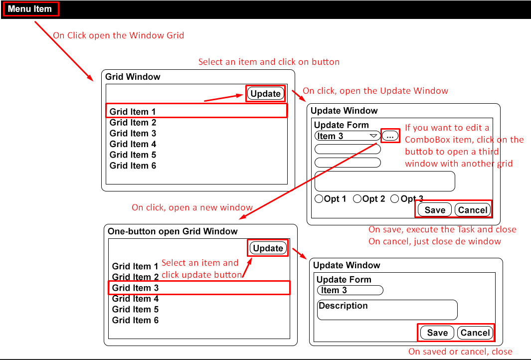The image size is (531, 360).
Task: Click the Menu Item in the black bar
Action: click(x=30, y=9)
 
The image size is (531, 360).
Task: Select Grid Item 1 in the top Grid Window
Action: click(x=133, y=111)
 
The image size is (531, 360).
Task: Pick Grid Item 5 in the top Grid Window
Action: click(x=133, y=155)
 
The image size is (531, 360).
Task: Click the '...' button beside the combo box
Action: click(x=390, y=136)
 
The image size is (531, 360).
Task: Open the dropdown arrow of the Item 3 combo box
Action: click(x=373, y=136)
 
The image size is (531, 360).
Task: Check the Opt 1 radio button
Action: click(x=319, y=199)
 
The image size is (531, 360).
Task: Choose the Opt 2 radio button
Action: click(x=357, y=199)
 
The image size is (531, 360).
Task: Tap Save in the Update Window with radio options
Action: click(x=434, y=210)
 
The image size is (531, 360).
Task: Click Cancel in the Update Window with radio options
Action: click(x=472, y=210)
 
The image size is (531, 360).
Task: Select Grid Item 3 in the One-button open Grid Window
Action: click(x=135, y=288)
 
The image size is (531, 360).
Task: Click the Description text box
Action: click(x=387, y=310)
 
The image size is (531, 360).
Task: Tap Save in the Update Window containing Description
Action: click(x=437, y=333)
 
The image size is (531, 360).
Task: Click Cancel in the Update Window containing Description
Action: click(x=475, y=333)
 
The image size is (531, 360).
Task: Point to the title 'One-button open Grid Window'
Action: click(x=173, y=231)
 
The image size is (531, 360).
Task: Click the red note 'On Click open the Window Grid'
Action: click(x=119, y=35)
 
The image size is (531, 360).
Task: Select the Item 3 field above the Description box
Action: click(x=350, y=290)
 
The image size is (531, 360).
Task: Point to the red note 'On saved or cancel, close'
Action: click(x=460, y=352)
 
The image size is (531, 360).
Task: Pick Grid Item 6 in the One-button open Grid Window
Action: click(x=135, y=320)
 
